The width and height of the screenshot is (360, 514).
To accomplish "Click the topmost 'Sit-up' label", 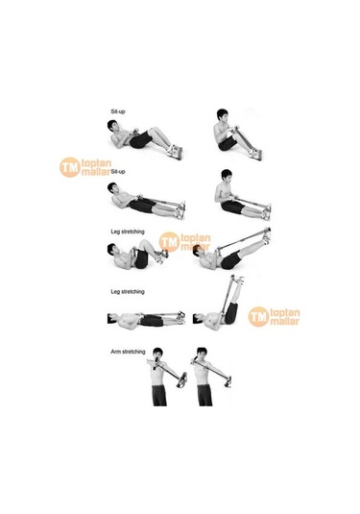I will [117, 112].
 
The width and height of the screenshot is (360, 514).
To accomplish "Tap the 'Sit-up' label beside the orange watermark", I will [117, 171].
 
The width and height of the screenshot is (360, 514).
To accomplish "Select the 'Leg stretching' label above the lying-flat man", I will [127, 290].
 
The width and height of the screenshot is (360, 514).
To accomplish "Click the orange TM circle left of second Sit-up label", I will [69, 167].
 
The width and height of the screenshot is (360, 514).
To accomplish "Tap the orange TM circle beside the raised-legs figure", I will [258, 316].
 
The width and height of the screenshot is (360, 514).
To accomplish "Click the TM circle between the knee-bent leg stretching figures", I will [169, 243].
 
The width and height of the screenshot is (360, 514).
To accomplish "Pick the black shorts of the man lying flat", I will [148, 318].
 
